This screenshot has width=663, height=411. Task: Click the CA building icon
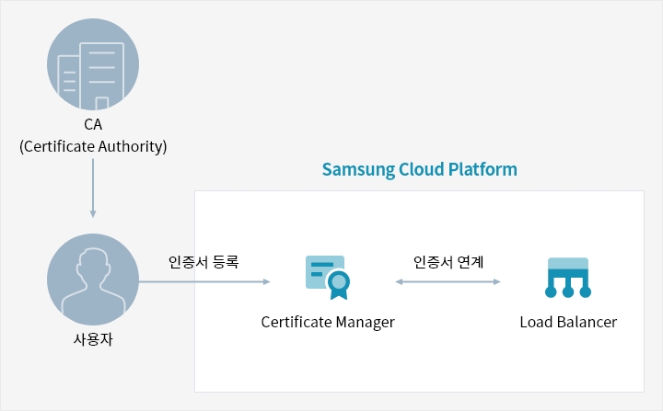pos(93,64)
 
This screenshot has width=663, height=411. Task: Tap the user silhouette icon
pos(93,280)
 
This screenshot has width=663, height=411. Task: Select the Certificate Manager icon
pos(328,278)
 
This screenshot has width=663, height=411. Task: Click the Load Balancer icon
pos(568,278)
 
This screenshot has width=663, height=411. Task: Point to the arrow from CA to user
pos(93,188)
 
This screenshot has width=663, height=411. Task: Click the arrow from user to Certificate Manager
pos(204,281)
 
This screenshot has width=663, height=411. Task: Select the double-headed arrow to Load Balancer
pos(448,281)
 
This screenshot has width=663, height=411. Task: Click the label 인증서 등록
pos(204,262)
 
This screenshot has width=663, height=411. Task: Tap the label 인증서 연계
pos(448,262)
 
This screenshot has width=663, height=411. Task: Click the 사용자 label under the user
pos(93,339)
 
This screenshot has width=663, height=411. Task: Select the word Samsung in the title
pos(358,170)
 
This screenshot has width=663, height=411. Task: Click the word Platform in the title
pos(483,169)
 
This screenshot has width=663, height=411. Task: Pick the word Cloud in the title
pos(421,169)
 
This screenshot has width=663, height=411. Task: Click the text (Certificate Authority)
pos(93,146)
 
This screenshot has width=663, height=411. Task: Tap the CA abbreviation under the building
pos(93,125)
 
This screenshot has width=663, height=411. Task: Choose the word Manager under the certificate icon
pos(366,323)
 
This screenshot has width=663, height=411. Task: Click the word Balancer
pos(587,322)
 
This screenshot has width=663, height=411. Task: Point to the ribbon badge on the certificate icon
pos(339,285)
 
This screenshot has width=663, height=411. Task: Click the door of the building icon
pos(102,104)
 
